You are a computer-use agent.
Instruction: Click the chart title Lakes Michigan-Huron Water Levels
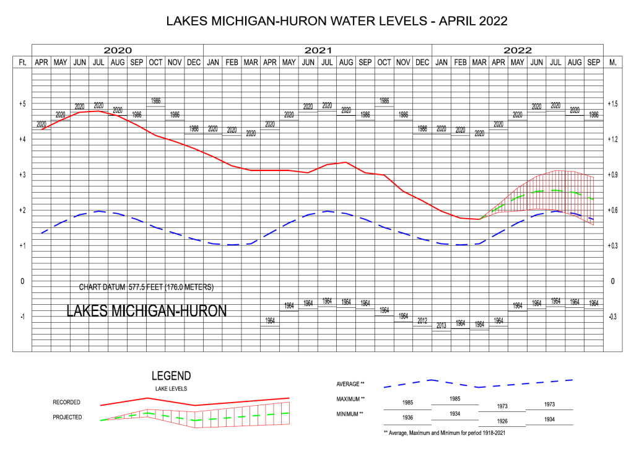point(337,21)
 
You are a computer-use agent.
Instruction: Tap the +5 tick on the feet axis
point(21,104)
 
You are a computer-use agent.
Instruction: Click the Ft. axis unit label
point(22,63)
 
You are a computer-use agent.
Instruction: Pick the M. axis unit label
point(613,63)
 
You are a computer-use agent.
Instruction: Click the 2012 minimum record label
point(422,321)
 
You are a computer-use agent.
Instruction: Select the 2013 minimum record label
point(441,326)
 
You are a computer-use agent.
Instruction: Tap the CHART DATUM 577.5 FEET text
point(146,287)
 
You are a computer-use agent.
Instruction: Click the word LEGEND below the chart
point(172,376)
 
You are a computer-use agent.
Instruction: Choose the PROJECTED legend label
point(67,418)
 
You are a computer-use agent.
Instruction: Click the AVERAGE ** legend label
point(350,384)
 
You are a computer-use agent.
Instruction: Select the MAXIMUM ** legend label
point(350,399)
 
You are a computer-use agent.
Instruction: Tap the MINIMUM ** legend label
point(350,413)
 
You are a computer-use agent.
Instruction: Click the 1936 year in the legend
point(407,418)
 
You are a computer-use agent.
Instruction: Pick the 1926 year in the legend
point(502,421)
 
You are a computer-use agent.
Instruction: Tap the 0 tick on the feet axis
point(22,281)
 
